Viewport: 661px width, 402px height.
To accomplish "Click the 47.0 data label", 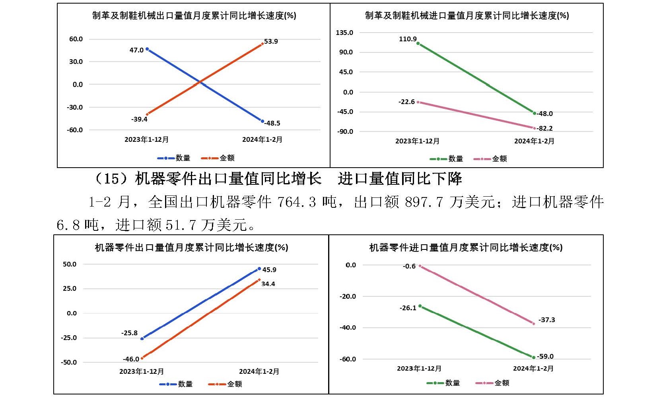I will coord(136,50).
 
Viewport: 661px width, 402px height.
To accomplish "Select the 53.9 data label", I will coord(271,41).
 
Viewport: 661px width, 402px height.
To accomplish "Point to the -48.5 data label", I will coord(272,123).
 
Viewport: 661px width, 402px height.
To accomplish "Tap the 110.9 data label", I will coord(408,39).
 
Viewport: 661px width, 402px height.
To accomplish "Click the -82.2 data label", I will coord(544,128).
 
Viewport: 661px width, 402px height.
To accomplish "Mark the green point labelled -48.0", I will coord(534,113).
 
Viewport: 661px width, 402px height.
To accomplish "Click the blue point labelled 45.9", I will coord(259,269).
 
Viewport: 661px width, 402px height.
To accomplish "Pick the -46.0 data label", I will coord(131,359).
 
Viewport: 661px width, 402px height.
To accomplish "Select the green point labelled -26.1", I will coord(420,306).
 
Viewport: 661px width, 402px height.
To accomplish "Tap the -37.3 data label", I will coord(546,320).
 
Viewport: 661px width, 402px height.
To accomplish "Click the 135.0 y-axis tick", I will coord(344,33).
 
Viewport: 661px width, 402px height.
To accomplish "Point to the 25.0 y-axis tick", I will coord(70,288).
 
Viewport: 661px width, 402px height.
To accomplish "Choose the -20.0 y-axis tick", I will coord(348,296).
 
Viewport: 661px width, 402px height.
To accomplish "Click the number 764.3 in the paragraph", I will coord(296,202).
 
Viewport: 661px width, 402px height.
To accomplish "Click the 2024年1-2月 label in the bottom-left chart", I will coord(259,371).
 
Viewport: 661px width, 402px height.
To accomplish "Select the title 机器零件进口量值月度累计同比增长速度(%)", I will coord(466,247).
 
